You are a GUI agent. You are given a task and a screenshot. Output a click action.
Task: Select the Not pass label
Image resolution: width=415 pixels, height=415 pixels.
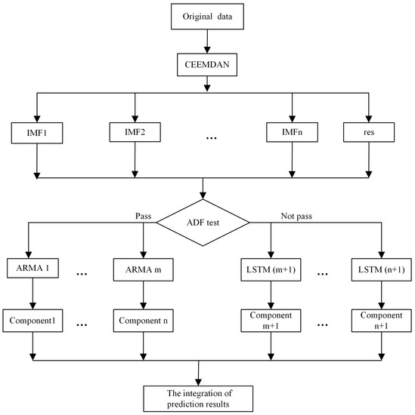coord(265,215)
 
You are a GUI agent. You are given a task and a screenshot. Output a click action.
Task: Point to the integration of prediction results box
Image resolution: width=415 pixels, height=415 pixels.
coord(200,397)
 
